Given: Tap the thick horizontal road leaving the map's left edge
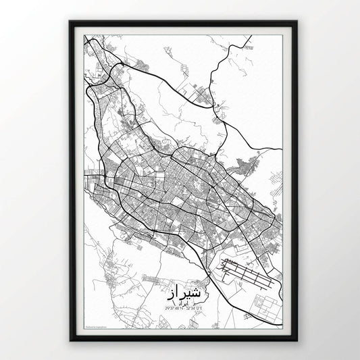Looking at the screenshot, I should (x=86, y=178).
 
